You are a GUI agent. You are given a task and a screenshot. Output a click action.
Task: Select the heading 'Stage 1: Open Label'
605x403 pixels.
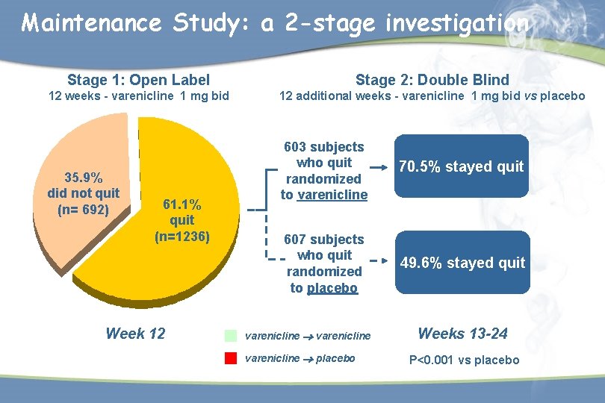[138, 80]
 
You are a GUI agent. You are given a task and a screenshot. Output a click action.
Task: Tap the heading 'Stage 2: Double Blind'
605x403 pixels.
[432, 80]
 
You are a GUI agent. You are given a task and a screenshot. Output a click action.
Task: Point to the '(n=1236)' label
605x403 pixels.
[182, 237]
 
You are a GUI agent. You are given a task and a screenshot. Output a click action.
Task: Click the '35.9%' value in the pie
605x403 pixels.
[83, 178]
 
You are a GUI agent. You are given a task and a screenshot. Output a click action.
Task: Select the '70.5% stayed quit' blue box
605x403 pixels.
[461, 166]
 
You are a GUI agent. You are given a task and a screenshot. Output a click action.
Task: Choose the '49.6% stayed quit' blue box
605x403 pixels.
[462, 263]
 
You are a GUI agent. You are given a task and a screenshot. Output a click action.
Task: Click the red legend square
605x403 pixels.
[231, 357]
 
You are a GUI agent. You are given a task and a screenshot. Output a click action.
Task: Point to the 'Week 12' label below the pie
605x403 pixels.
[135, 334]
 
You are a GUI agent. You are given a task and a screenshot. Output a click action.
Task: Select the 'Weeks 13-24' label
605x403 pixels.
[462, 334]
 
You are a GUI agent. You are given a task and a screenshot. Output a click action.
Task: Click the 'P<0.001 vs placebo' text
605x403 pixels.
[463, 360]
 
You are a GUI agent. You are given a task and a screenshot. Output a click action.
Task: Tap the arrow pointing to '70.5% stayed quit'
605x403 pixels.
[379, 166]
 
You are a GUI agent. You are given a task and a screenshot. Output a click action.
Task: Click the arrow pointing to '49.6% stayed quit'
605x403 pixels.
[379, 263]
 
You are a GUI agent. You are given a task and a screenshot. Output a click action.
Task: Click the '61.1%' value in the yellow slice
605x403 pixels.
[181, 204]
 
